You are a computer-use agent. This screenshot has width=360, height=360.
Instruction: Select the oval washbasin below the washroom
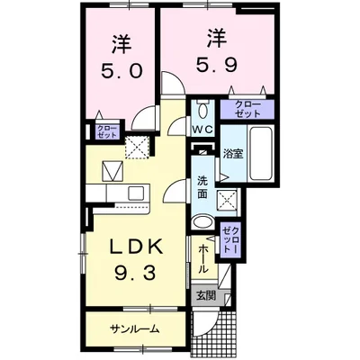[x=204, y=223]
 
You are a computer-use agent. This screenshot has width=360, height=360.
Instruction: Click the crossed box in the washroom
[x=229, y=201]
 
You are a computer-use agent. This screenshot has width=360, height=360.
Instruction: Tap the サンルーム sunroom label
[x=136, y=328]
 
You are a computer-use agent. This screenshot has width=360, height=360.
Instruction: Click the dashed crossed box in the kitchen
[x=137, y=145]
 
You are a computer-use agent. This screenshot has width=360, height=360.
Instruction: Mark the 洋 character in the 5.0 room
[x=123, y=42]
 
